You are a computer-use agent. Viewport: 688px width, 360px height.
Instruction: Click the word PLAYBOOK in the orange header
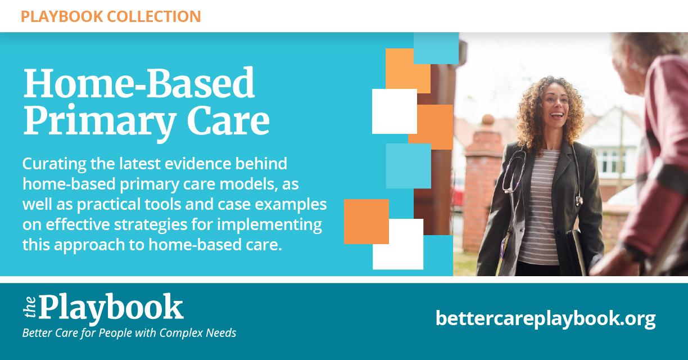(62, 16)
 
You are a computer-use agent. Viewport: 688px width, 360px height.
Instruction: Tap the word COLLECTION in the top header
(154, 16)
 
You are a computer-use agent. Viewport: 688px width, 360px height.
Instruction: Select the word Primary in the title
(100, 121)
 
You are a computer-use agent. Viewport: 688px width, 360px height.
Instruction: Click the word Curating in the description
(54, 164)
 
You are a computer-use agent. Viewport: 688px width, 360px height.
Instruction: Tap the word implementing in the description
(269, 225)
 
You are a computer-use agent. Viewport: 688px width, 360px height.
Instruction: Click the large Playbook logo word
(111, 308)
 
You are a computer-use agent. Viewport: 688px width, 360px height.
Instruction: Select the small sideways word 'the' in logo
(30, 307)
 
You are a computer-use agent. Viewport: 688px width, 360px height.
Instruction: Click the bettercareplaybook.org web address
(545, 319)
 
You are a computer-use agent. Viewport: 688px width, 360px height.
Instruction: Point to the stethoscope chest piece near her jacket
(579, 200)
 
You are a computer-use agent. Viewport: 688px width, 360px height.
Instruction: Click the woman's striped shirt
(538, 206)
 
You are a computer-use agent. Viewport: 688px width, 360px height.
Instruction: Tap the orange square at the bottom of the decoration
(366, 222)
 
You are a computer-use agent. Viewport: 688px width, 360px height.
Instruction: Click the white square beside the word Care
(395, 111)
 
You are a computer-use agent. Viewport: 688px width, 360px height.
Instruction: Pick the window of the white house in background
(610, 162)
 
